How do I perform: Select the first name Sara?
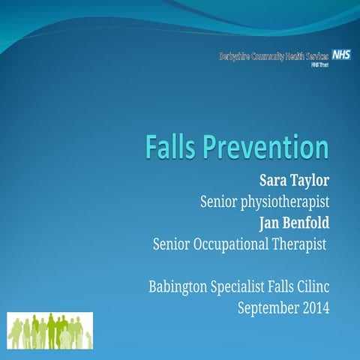tap(274, 181)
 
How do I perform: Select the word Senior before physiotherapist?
tap(220, 202)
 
